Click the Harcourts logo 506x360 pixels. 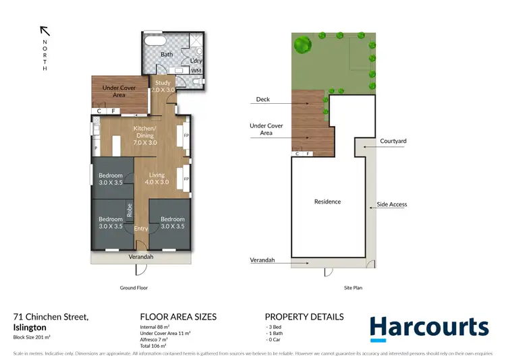point(428,328)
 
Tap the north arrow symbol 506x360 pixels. point(45,30)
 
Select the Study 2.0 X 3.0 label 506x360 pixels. point(163,86)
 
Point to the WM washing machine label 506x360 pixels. point(196,70)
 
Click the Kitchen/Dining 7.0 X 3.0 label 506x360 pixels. point(144,136)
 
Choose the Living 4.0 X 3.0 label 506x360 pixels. point(157,179)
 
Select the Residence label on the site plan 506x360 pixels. point(327,202)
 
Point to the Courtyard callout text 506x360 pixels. point(393,142)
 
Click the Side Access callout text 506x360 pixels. point(391,204)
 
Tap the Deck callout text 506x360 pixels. point(262,100)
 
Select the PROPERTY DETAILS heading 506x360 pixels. point(304,317)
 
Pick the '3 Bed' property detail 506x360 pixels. point(276,327)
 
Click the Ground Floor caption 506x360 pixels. point(133,288)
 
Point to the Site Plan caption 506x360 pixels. point(353,288)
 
